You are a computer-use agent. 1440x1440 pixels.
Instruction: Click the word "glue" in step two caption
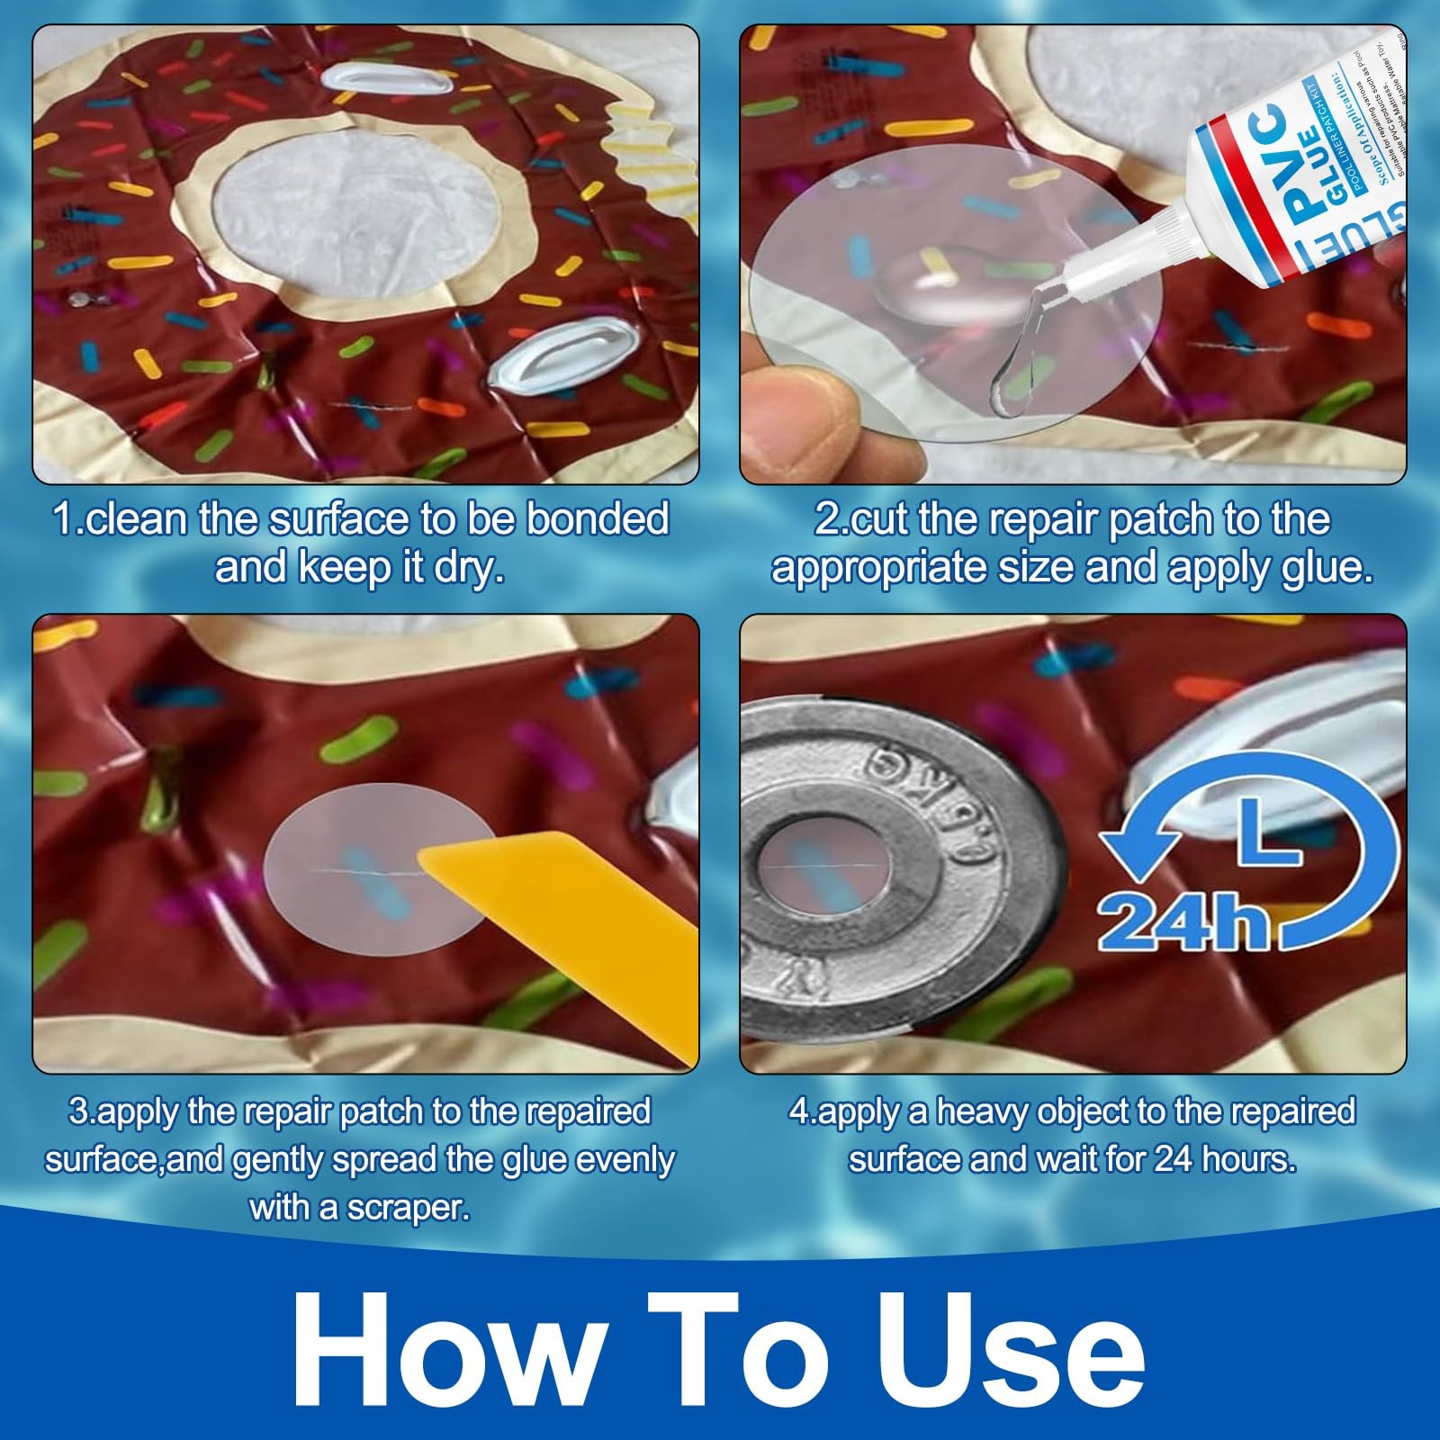tap(1320, 569)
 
